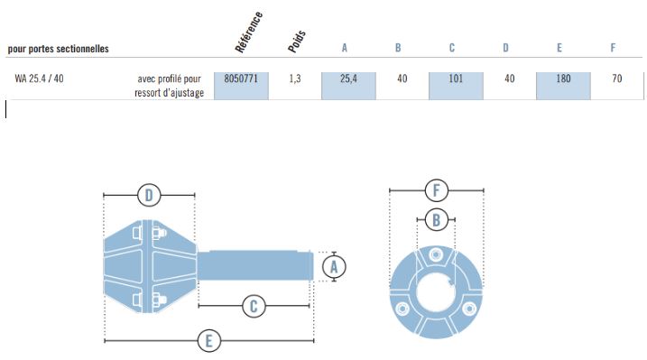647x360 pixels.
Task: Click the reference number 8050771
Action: click(241, 78)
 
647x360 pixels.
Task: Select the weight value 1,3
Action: click(295, 78)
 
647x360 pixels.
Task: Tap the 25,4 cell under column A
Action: click(348, 78)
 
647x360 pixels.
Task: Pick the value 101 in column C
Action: click(456, 78)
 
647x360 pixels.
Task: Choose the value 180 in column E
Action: click(563, 78)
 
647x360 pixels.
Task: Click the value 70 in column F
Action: click(617, 78)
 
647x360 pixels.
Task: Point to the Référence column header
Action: click(248, 32)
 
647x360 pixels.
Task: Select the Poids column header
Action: click(297, 42)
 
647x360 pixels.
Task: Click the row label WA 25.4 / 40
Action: click(39, 78)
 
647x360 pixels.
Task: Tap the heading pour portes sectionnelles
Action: click(58, 49)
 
